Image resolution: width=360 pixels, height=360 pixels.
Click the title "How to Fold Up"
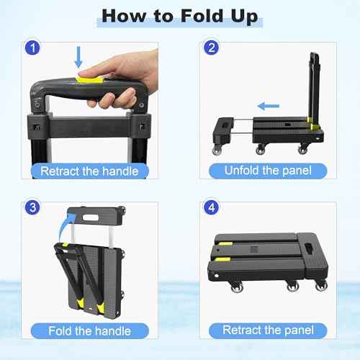click(179, 17)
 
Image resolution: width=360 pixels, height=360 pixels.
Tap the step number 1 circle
click(30, 49)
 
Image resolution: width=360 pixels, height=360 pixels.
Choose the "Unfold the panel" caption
click(267, 171)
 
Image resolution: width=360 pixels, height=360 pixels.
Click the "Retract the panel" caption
click(267, 331)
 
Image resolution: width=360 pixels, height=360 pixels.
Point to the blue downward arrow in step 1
click(79, 56)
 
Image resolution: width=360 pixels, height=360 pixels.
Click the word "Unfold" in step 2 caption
click(242, 171)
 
